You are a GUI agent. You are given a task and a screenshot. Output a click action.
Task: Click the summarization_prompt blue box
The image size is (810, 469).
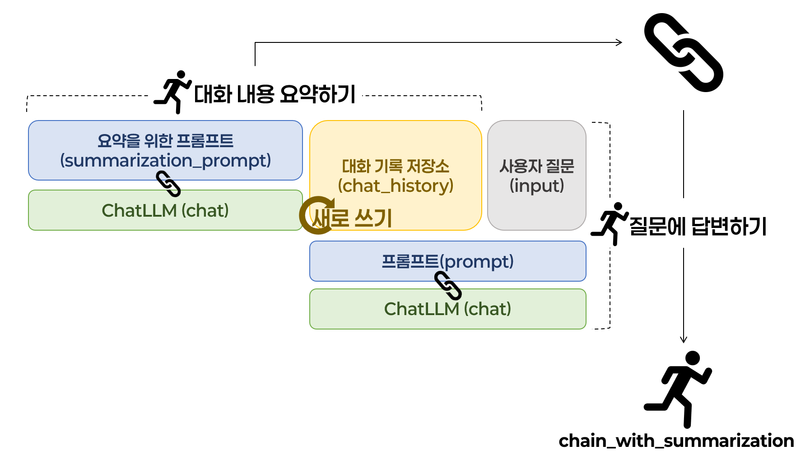click(165, 150)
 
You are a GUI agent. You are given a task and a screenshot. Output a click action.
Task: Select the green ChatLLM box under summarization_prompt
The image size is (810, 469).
click(165, 210)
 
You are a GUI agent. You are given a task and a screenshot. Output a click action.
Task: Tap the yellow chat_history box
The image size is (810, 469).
click(396, 175)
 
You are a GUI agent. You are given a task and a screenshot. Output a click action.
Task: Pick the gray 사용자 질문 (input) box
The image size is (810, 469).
click(537, 175)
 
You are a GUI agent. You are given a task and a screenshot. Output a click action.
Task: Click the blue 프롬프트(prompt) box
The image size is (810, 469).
click(448, 261)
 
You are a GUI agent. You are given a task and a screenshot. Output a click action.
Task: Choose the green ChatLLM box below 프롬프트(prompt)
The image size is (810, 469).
click(448, 309)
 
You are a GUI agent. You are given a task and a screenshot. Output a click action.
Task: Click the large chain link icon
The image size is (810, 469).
click(684, 52)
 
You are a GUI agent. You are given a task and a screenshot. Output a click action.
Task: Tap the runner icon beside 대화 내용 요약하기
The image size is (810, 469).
click(173, 92)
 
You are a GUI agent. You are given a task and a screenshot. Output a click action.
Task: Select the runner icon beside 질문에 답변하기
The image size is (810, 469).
click(610, 224)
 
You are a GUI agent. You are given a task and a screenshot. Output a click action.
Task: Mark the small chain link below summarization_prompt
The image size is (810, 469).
click(168, 184)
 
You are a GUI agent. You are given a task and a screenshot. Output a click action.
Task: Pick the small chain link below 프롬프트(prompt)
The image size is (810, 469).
click(448, 285)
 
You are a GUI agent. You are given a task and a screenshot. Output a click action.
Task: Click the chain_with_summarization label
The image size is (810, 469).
click(676, 441)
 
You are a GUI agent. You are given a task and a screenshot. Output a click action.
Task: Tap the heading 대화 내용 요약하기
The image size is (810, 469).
click(275, 94)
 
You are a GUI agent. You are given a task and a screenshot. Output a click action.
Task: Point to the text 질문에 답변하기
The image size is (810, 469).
click(698, 226)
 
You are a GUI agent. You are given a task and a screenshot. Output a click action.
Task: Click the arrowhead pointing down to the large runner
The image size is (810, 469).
click(684, 340)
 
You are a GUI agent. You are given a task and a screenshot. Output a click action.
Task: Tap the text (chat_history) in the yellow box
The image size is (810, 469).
click(396, 186)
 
